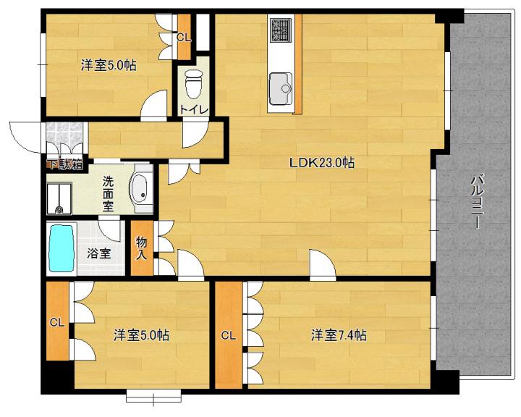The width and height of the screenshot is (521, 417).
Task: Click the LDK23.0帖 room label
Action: pos(322,163)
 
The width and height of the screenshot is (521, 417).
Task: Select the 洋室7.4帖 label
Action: pos(339,335)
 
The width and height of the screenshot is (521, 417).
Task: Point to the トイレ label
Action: pos(194,109)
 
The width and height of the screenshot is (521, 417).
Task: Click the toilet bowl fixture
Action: pos(193,84)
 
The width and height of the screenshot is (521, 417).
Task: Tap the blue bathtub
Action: pos(61,248)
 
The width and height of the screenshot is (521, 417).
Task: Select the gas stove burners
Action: pos(281,30)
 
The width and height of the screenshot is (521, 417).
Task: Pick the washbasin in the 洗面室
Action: pos(140,189)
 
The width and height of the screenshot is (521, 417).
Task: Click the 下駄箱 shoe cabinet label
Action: pos(66,165)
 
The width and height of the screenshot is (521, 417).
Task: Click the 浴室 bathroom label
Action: pos(99,253)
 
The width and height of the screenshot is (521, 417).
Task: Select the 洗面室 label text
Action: pos(108,194)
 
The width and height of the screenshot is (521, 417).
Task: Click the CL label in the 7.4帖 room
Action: pos(228,336)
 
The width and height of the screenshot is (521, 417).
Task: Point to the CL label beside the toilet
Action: pos(184,38)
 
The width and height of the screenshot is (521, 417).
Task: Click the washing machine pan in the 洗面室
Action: pos(59,198)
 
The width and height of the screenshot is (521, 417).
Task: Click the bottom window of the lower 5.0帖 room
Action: pos(153,397)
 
